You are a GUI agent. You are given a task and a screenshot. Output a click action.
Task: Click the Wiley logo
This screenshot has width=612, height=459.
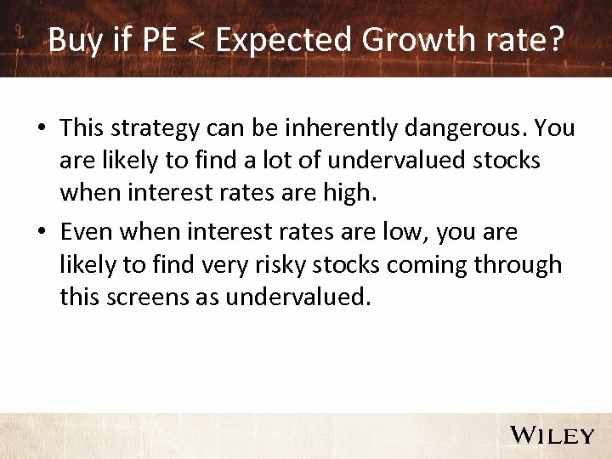point(551,435)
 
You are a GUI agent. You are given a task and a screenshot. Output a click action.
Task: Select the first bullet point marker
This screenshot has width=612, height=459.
point(41,128)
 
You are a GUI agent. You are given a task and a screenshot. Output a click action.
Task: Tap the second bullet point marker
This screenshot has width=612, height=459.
point(41,232)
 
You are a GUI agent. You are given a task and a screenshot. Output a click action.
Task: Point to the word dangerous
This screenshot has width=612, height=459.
point(454,129)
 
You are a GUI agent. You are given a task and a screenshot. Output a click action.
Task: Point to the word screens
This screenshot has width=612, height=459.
point(153,297)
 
